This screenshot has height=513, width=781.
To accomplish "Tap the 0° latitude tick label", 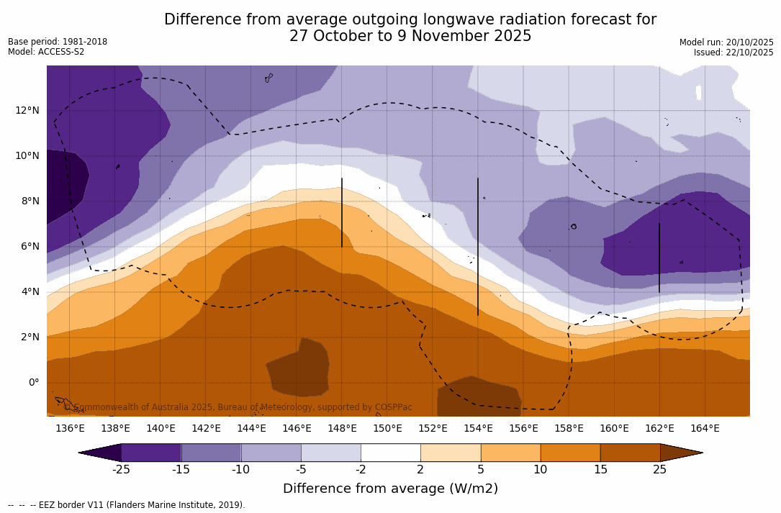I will pos(33,382).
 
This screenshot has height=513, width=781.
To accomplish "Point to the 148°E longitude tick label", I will pos(342,429).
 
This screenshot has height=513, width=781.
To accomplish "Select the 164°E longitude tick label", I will pos(705,429).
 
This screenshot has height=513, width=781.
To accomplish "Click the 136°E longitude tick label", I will pos(70,429).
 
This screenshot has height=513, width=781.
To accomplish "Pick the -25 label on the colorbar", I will pos(121,470).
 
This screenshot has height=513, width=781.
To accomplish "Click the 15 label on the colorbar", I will pos(600,470).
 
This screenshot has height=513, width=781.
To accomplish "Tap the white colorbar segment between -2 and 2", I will pos(390,453).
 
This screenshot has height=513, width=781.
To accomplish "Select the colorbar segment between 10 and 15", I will pos(570,453).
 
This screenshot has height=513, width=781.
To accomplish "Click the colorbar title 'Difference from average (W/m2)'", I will pos(390,489).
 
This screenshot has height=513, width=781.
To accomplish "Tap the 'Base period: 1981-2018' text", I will pos(58,42).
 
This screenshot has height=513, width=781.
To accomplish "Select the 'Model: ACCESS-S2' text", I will pos(46,52).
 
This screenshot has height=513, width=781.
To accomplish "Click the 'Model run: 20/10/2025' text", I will pos(726,42).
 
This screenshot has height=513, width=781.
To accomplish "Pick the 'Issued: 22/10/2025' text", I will pos(733,53).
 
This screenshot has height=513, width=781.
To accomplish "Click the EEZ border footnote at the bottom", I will pos(127,505).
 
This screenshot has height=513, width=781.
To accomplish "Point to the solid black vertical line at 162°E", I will pos(659,258).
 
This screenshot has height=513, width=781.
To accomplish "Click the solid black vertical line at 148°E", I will pos(342,212).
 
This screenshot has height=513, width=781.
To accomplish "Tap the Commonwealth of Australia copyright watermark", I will pos(238,407).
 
